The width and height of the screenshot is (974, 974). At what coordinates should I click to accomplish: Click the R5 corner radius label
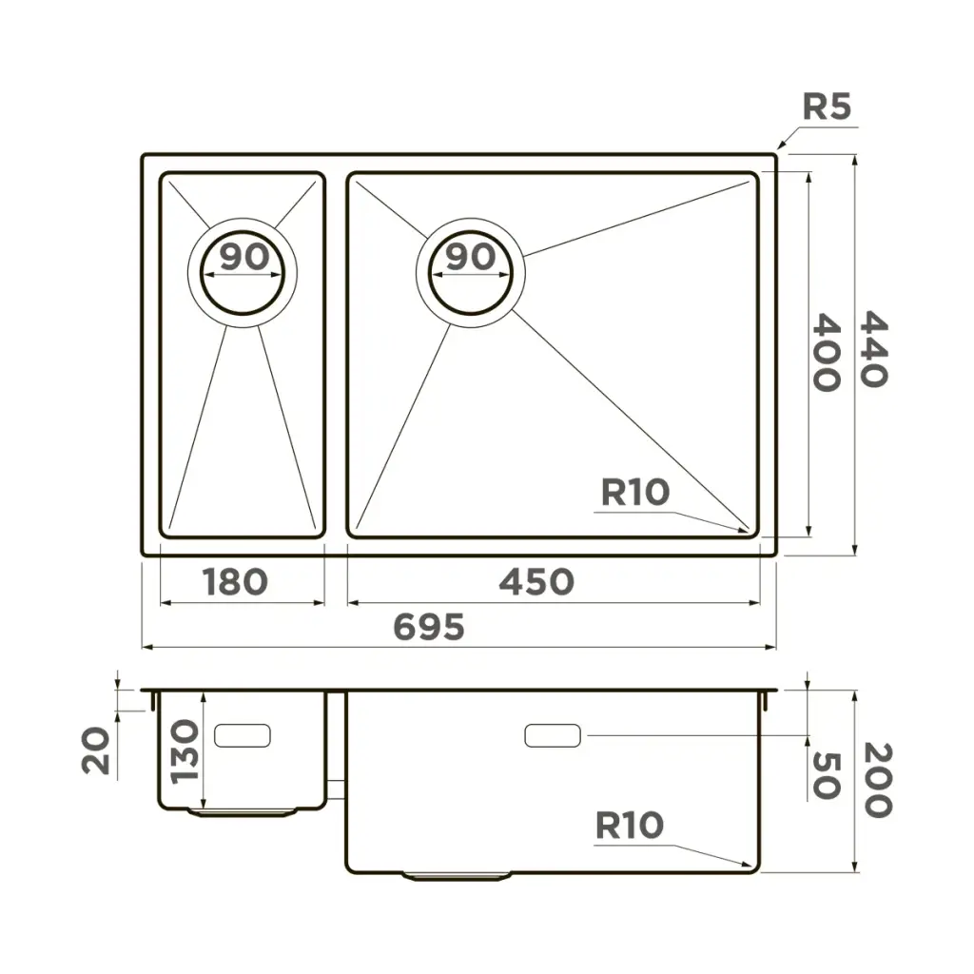click(x=827, y=107)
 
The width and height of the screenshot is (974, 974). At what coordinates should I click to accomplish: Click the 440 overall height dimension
click(x=874, y=349)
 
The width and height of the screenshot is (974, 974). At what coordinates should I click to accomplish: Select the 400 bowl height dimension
click(x=827, y=352)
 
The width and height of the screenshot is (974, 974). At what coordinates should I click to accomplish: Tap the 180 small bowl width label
click(x=236, y=582)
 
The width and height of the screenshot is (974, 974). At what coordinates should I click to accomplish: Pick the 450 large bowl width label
click(x=536, y=582)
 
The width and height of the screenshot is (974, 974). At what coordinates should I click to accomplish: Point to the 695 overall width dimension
click(x=429, y=627)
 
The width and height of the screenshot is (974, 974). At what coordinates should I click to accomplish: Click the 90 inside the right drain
click(x=472, y=257)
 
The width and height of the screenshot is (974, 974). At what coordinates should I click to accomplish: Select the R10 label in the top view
click(x=634, y=493)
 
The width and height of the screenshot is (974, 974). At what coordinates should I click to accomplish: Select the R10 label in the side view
click(x=630, y=826)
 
